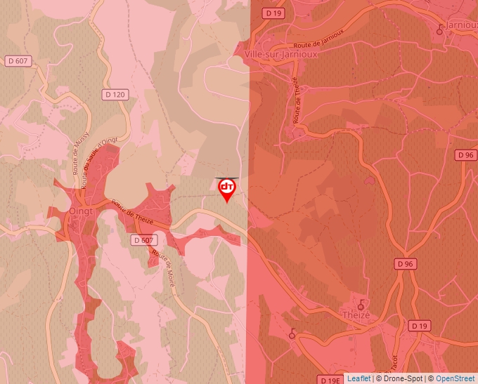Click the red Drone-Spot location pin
click(x=226, y=189)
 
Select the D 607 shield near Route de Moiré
click(x=143, y=240)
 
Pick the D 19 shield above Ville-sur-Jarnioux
click(x=273, y=13)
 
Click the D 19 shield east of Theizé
click(x=419, y=326)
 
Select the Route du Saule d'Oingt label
click(x=98, y=161)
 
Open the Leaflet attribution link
click(x=358, y=378)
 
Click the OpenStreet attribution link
click(x=456, y=378)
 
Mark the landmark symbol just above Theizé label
click(x=361, y=304)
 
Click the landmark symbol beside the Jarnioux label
click(x=441, y=29)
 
